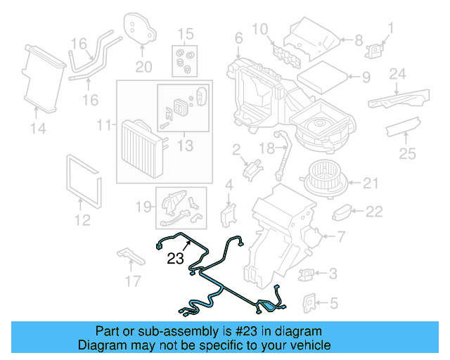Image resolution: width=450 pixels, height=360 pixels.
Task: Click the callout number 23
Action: (176, 259)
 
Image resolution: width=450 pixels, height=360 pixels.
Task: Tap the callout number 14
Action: (38, 128)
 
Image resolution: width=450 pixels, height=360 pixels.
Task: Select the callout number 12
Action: (82, 221)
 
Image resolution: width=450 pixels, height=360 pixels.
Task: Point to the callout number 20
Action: (143, 67)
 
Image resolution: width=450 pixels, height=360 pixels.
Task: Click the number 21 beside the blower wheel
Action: (371, 184)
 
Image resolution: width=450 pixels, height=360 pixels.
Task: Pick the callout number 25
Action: (407, 153)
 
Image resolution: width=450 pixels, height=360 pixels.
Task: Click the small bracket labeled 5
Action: (307, 302)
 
